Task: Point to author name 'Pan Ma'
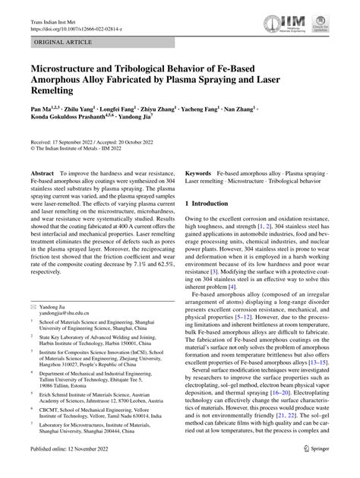click(42, 110)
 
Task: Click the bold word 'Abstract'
click(41, 175)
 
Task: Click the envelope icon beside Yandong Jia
click(33, 327)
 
